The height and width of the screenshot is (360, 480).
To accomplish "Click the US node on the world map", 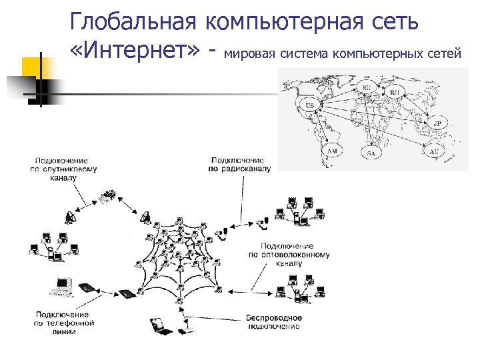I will pos(309,105).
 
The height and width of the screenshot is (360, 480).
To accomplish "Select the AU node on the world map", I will pos(434,152).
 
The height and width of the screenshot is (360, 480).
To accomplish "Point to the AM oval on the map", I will pos(332,151).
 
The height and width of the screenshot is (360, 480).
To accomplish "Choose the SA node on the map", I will pos(371,153).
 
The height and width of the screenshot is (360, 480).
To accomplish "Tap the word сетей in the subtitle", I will pos(444,53).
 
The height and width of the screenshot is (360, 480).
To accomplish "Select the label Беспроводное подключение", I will pos(273,321).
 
